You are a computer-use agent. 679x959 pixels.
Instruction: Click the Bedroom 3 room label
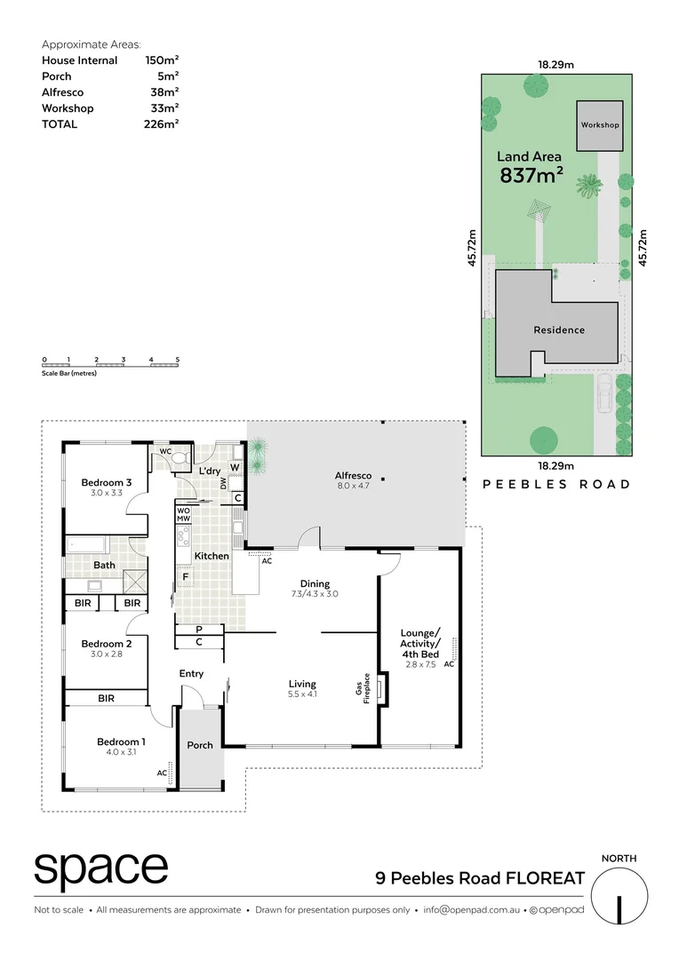coord(107,483)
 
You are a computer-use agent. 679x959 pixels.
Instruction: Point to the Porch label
coord(200,745)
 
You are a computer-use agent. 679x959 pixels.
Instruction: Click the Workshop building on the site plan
coord(600,125)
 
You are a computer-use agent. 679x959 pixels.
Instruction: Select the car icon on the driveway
coord(604,393)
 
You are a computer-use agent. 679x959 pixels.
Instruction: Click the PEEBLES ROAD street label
coord(555,484)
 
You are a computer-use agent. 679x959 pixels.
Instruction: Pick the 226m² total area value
coord(162,124)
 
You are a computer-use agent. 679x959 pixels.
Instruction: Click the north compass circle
coord(619,895)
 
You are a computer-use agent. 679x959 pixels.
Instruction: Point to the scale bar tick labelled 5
coord(178,360)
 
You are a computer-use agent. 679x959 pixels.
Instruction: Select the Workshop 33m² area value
coord(162,108)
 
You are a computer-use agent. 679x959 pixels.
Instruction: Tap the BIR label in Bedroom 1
coord(106,699)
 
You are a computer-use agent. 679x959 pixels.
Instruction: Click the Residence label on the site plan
coord(559,330)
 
